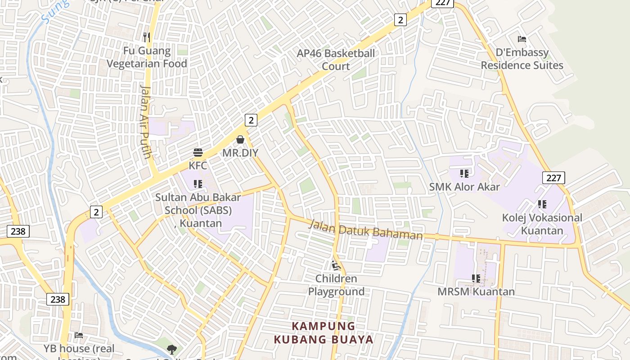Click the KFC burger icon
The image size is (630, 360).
(198, 153)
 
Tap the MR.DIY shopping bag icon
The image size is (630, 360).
(240, 139)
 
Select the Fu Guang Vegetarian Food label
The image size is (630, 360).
(147, 57)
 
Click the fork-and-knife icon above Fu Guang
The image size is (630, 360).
(147, 37)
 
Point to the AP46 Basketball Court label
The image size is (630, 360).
(336, 60)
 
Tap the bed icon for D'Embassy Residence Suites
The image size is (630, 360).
(522, 39)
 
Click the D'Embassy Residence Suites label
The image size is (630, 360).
(522, 59)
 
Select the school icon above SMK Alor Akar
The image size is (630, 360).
(464, 173)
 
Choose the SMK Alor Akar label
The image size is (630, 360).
(464, 186)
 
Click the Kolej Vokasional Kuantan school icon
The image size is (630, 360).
(542, 204)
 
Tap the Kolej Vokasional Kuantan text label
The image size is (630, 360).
(542, 224)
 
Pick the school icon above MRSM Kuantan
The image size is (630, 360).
(476, 279)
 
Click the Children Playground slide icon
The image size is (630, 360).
(336, 265)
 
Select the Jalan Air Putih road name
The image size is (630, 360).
(146, 121)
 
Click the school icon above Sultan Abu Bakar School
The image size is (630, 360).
(198, 184)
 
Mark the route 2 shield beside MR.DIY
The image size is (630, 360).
(251, 120)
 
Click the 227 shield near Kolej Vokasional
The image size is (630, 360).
(553, 178)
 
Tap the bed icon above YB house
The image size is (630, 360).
(79, 335)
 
